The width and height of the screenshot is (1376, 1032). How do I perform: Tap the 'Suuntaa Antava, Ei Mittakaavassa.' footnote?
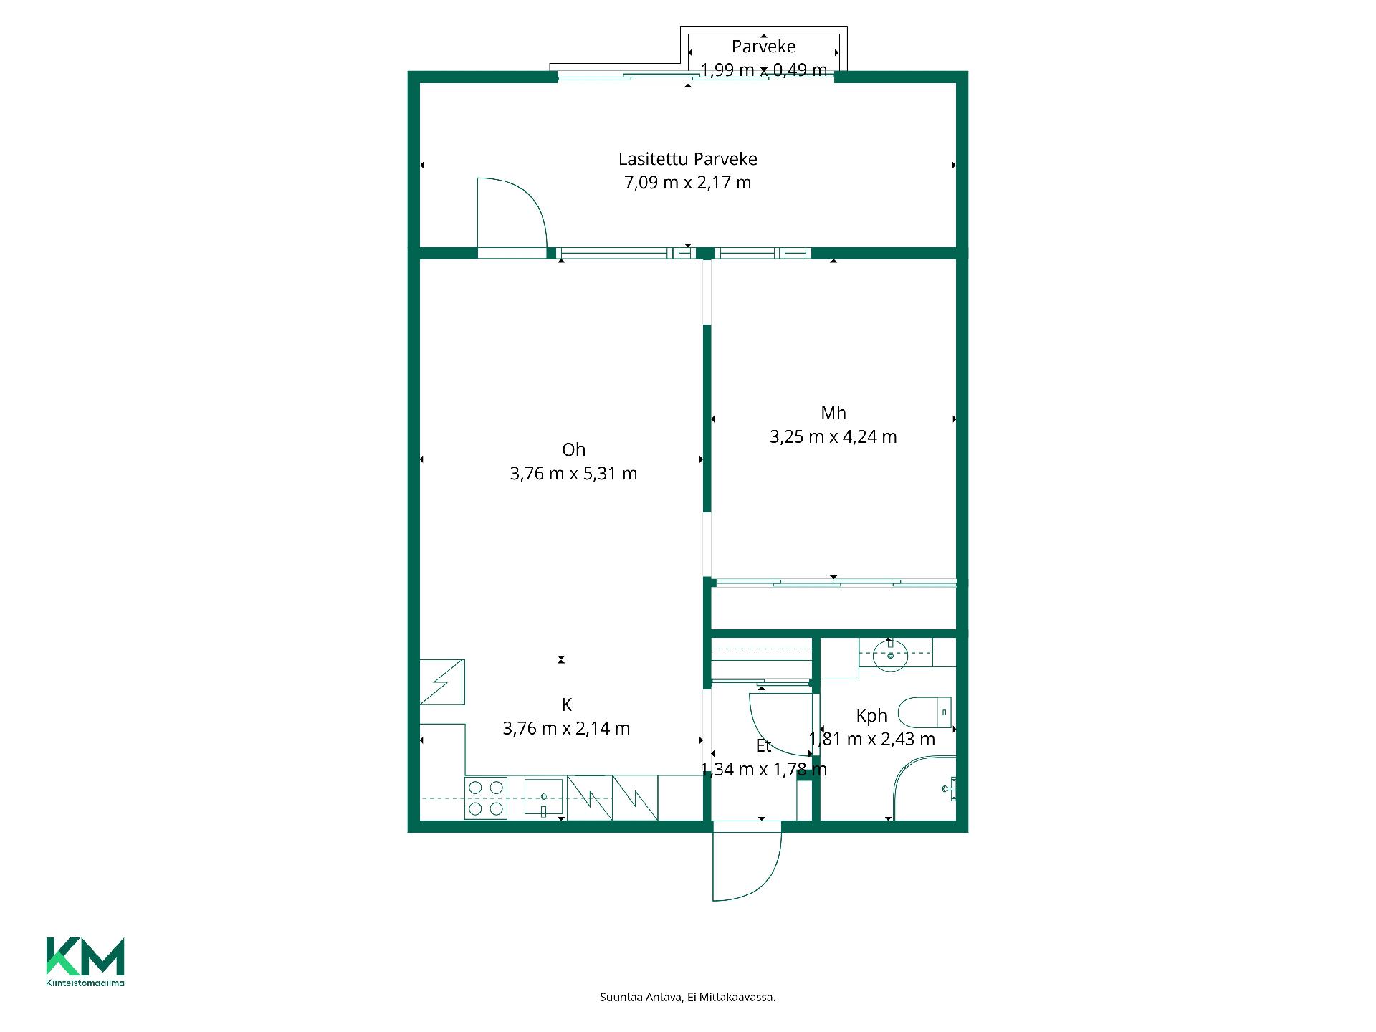click(688, 997)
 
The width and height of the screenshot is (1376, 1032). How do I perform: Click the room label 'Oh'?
click(573, 449)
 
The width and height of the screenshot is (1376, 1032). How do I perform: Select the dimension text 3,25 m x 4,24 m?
click(833, 436)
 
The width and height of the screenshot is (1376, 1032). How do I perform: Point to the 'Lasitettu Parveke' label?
click(688, 159)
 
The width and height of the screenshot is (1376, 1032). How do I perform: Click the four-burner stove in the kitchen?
click(486, 798)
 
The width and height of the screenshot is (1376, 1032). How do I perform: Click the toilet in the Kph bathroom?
click(924, 712)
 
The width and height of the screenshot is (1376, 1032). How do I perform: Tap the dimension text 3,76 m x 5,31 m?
click(573, 474)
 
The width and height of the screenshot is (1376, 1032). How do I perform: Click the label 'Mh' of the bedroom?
click(833, 413)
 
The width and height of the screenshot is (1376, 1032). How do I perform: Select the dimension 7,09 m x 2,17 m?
click(688, 183)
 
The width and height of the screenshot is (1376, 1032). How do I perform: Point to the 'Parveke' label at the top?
click(763, 47)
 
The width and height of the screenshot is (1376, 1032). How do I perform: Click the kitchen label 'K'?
click(566, 704)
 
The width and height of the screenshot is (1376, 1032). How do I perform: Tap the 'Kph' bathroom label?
click(871, 715)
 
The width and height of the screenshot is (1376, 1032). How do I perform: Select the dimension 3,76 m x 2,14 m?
click(566, 729)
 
